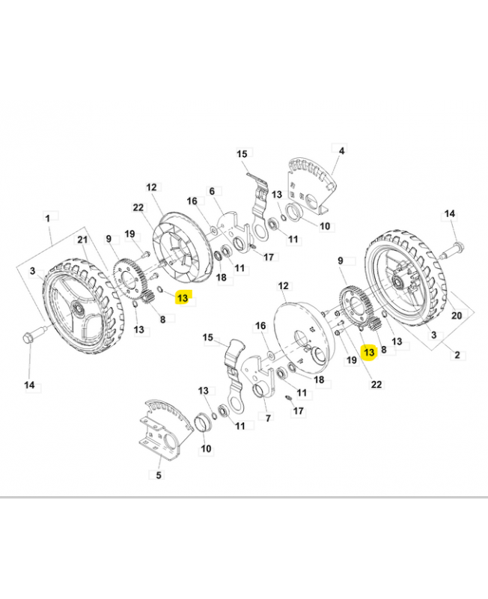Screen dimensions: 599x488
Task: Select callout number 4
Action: click(x=341, y=150)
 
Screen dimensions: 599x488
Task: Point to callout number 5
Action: click(x=159, y=475)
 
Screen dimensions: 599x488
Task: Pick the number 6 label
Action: click(x=212, y=192)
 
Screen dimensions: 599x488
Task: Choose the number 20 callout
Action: click(x=457, y=316)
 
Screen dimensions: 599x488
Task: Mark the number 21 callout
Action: click(x=82, y=239)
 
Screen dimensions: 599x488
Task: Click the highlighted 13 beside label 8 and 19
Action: click(x=368, y=351)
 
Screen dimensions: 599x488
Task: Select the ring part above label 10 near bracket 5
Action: click(x=203, y=422)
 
